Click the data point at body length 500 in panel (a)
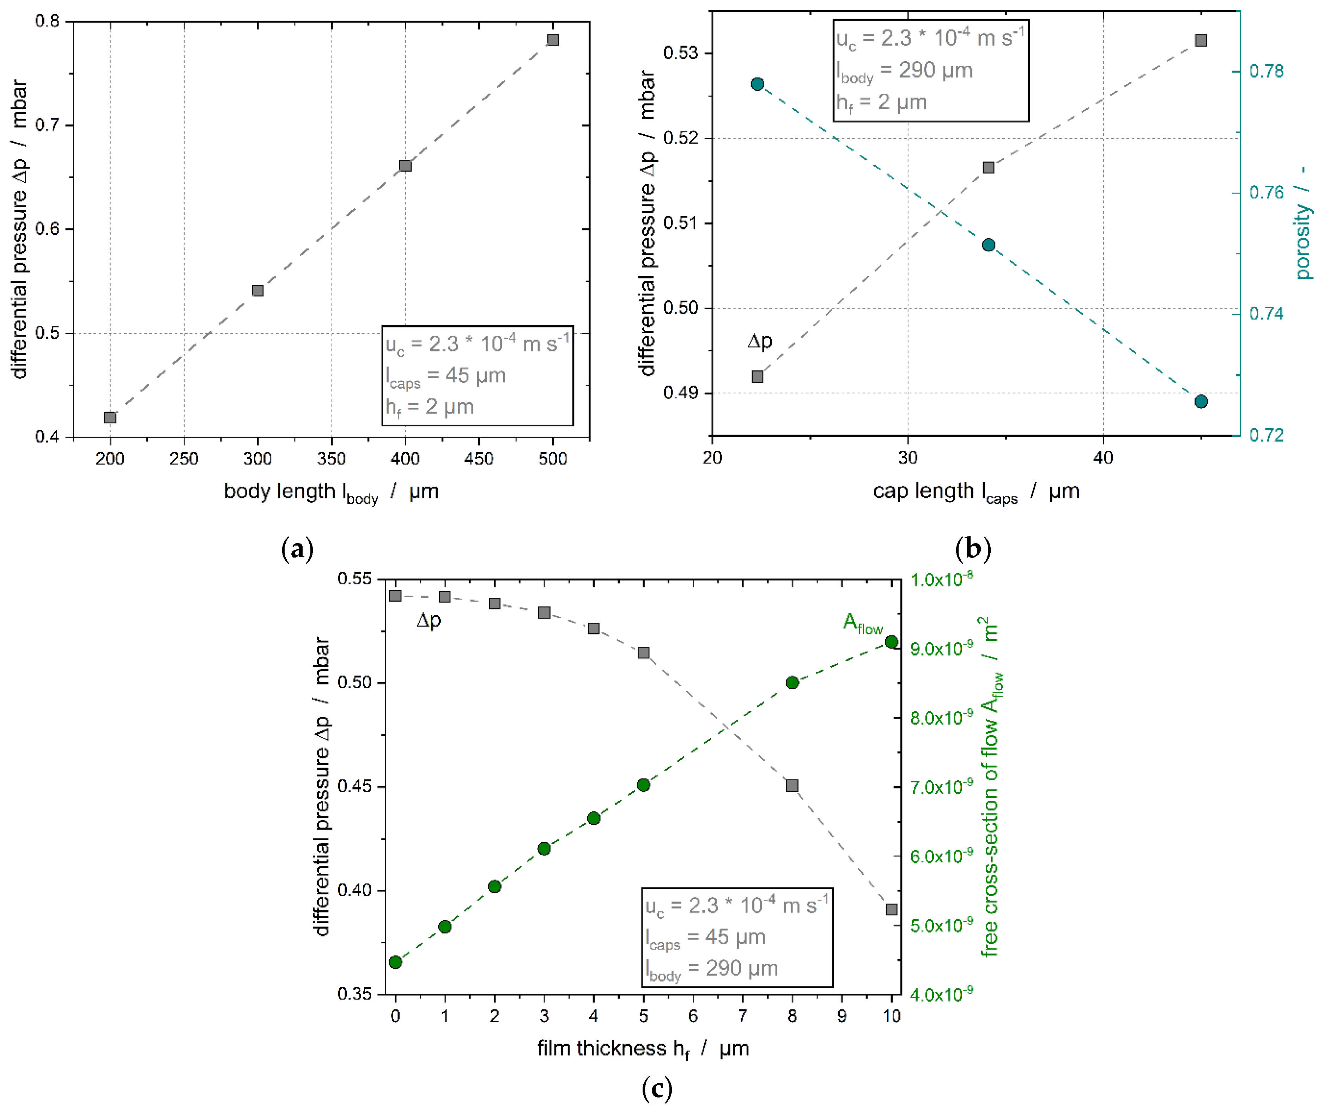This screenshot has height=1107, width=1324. pyautogui.click(x=553, y=40)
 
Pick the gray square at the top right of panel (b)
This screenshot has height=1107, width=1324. pyautogui.click(x=1201, y=40)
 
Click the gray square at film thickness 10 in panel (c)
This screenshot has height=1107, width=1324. pyautogui.click(x=892, y=909)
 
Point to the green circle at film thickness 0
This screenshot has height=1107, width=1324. pyautogui.click(x=395, y=962)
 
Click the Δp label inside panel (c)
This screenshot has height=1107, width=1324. pyautogui.click(x=429, y=621)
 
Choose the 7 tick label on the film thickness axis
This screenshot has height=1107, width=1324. pyautogui.click(x=743, y=1016)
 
